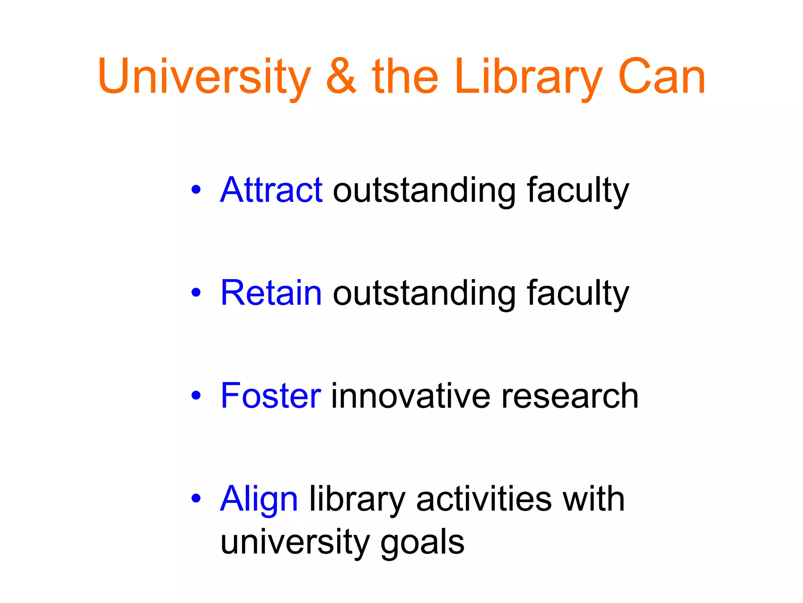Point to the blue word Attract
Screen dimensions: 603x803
coord(271,190)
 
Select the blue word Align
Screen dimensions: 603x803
coord(259,499)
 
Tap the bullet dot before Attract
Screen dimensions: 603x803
coord(196,190)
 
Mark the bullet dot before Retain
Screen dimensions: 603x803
coord(196,292)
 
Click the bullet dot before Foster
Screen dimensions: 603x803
coord(196,396)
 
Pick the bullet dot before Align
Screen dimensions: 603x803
coord(196,499)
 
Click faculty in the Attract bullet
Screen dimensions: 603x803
coord(578,191)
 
